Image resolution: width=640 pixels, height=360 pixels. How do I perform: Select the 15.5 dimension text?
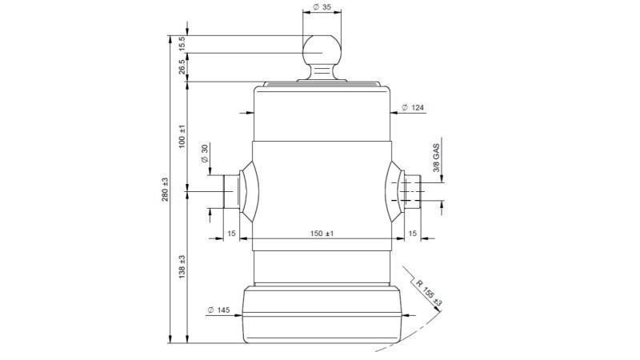pyautogui.click(x=182, y=43)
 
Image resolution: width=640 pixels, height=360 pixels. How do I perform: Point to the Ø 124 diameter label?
pyautogui.click(x=413, y=107)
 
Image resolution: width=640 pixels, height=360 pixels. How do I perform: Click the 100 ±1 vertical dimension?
pyautogui.click(x=182, y=137)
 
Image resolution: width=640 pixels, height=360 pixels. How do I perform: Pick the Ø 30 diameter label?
pyautogui.click(x=205, y=153)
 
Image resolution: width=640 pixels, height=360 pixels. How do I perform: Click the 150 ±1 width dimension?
pyautogui.click(x=322, y=233)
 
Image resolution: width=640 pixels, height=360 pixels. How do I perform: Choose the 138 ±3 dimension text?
pyautogui.click(x=182, y=267)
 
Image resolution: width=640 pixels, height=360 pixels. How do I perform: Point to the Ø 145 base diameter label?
pyautogui.click(x=219, y=310)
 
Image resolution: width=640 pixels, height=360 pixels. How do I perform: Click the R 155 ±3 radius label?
pyautogui.click(x=429, y=292)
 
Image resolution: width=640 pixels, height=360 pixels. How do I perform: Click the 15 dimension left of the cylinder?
pyautogui.click(x=231, y=233)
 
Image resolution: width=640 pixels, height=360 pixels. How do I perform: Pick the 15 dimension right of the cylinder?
pyautogui.click(x=413, y=233)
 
